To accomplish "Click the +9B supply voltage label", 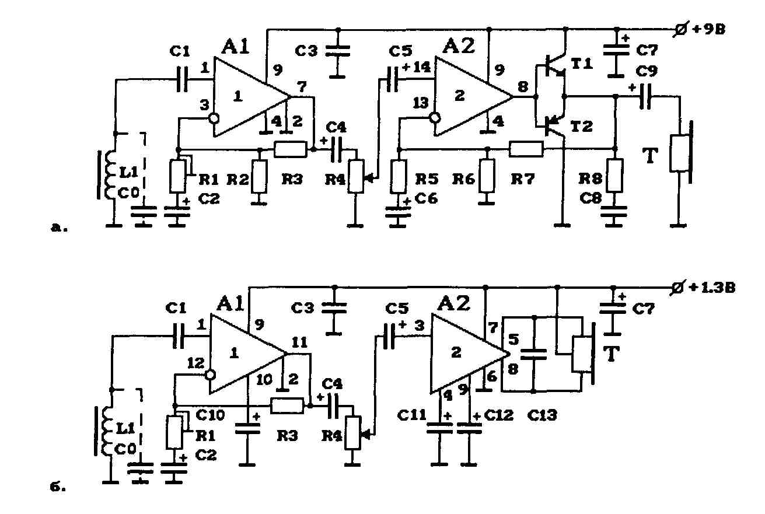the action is pos(708,30).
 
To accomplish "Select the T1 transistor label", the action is pos(582,64).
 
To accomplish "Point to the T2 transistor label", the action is pos(582,127).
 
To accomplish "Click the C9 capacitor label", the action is pos(647,72).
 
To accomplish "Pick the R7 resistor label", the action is pos(522,179).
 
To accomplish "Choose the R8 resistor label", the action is pos(590,179).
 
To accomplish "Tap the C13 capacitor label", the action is pos(542,415).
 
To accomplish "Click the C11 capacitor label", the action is pos(412,415).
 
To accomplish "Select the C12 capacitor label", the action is pos(499,415).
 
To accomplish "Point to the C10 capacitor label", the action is pos(211,415).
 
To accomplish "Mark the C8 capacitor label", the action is pos(591,198).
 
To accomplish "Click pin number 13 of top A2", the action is pos(421,103).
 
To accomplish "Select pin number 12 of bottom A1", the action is pos(195,363).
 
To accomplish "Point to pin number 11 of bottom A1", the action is pos(299,342).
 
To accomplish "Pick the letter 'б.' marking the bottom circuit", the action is pos(58,487).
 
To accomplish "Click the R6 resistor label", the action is pos(463,179).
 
